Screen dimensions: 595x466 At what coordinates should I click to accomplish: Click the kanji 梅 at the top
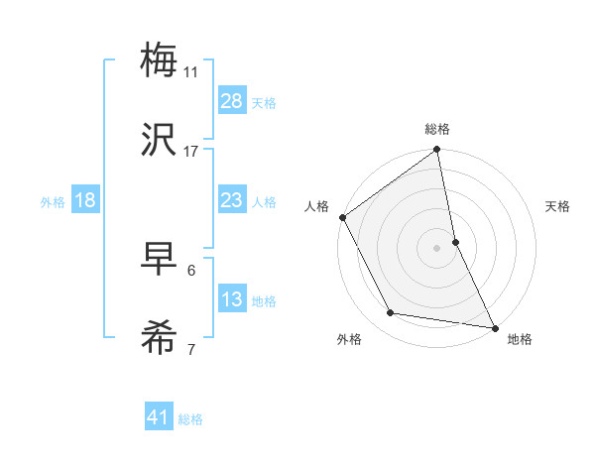tap(160, 60)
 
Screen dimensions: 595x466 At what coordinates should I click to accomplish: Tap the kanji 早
tap(160, 260)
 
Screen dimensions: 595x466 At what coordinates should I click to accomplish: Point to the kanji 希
tap(160, 339)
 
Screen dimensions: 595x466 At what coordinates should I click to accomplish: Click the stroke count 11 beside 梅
tap(191, 71)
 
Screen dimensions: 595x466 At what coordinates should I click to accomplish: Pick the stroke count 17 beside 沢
tap(191, 151)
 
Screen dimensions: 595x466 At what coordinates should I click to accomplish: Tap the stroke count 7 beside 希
tap(191, 349)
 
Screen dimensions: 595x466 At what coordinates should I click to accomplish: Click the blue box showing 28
tap(232, 101)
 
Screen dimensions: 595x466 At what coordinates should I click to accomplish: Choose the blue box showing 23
tap(232, 200)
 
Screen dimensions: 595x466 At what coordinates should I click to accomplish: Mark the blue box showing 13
tap(232, 299)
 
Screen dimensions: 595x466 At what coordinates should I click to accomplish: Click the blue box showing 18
tap(85, 200)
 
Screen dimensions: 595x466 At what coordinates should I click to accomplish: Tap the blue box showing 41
tap(159, 418)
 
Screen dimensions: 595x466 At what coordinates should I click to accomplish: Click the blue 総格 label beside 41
tap(190, 419)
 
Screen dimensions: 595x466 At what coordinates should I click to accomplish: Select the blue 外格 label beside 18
tap(53, 201)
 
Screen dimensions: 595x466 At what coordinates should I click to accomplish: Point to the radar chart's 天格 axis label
tap(557, 206)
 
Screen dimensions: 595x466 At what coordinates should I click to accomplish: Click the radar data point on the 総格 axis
tap(437, 151)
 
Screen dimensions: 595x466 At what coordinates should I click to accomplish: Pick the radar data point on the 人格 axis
tap(342, 217)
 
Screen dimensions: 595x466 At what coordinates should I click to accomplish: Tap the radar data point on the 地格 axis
tap(495, 327)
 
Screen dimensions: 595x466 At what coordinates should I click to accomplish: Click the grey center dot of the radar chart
tap(437, 248)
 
